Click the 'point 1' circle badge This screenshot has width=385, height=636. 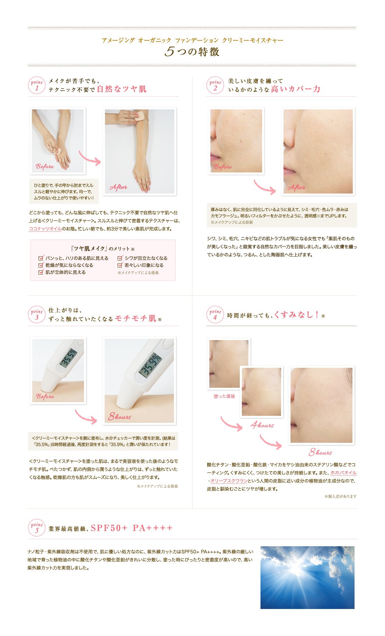click(37, 86)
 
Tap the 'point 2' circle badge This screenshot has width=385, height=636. click(215, 86)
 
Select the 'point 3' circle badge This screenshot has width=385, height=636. click(37, 314)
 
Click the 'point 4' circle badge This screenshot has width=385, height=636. click(215, 314)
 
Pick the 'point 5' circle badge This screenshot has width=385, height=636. click(37, 528)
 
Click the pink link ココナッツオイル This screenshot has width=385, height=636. click(45, 229)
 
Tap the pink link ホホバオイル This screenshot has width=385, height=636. click(343, 473)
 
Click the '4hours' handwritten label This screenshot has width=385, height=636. click(262, 425)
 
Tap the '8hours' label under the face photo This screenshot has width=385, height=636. click(320, 452)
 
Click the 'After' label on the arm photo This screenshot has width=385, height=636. click(118, 187)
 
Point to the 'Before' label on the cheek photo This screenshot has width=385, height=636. click(223, 167)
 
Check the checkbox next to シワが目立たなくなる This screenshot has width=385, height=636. click(120, 258)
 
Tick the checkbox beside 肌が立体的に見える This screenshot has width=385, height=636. click(41, 272)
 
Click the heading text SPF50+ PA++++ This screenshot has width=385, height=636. click(132, 528)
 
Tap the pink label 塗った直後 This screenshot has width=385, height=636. click(224, 396)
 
